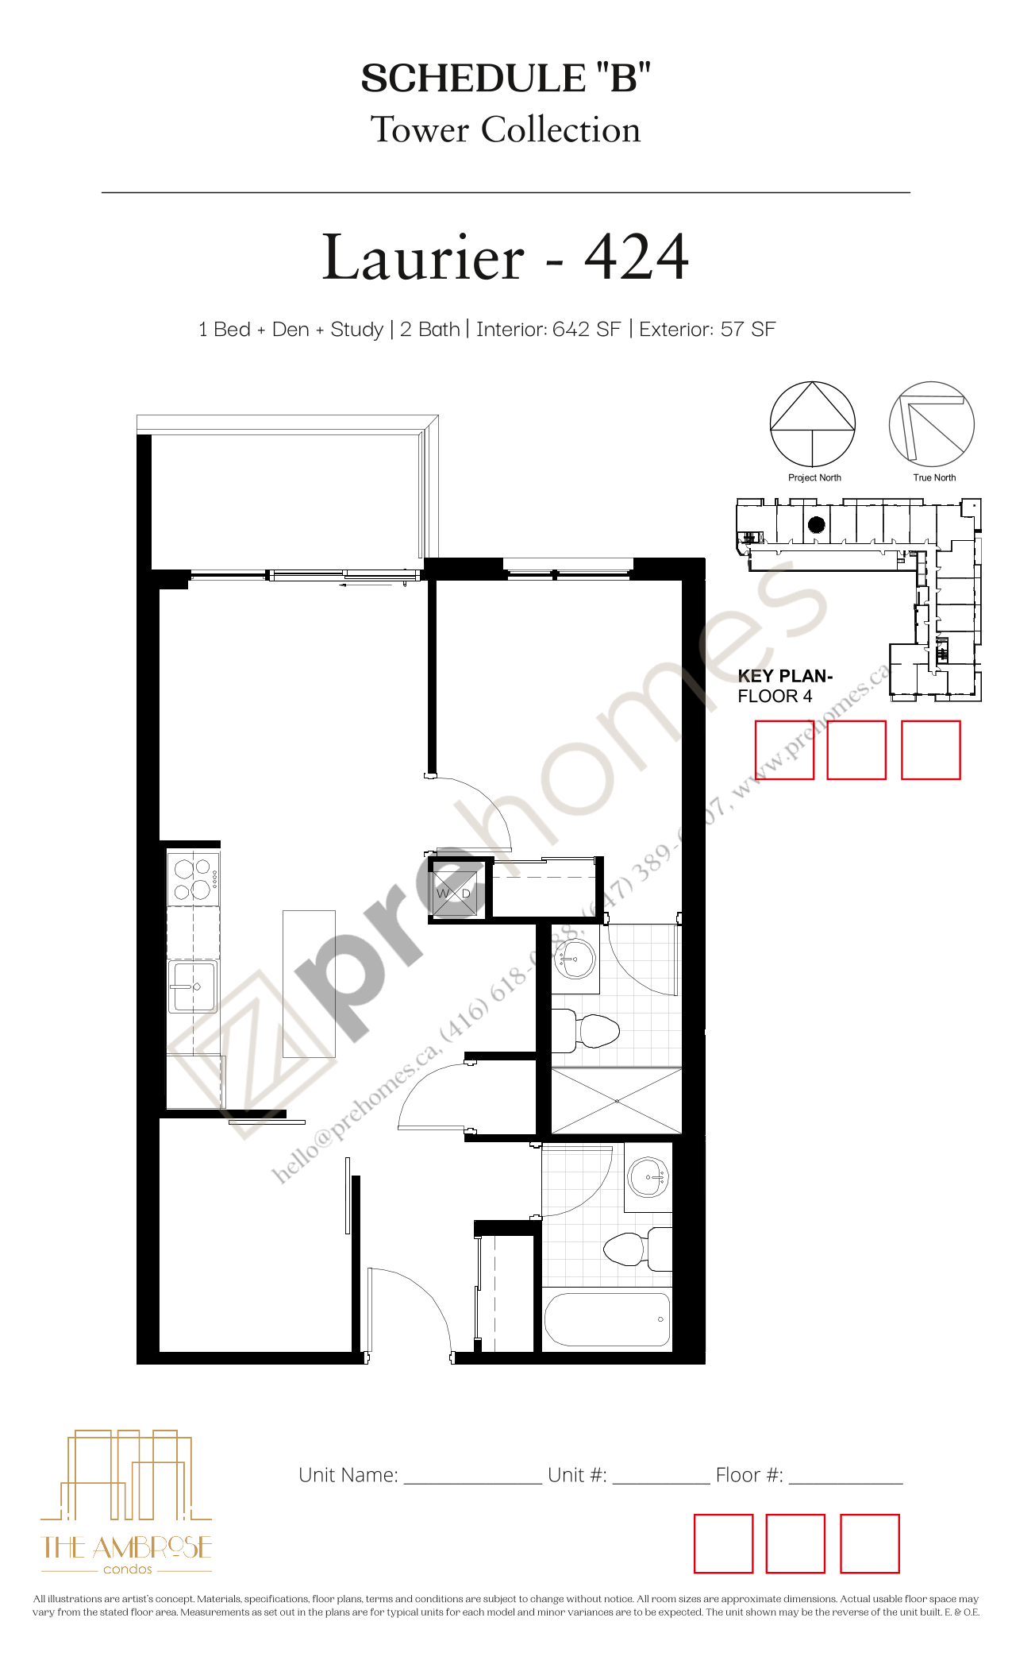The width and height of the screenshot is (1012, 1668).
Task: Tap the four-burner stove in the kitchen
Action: pyautogui.click(x=193, y=878)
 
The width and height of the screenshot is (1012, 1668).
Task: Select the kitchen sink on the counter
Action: pyautogui.click(x=192, y=987)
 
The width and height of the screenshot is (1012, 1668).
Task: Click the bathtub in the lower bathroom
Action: pyautogui.click(x=607, y=1319)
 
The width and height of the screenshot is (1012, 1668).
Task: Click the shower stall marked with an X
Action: pyautogui.click(x=617, y=1101)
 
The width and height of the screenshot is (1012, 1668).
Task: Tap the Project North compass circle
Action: pyautogui.click(x=813, y=424)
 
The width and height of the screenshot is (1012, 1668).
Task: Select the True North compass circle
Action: pyautogui.click(x=931, y=424)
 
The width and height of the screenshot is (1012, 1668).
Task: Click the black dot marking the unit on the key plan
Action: pyautogui.click(x=817, y=524)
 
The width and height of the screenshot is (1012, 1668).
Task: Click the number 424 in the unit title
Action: pyautogui.click(x=637, y=257)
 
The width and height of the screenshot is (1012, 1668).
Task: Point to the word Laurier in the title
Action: pyautogui.click(x=423, y=257)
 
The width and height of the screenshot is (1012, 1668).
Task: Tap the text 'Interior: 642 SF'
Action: pyautogui.click(x=548, y=330)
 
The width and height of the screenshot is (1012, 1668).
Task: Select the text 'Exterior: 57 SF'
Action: pyautogui.click(x=707, y=330)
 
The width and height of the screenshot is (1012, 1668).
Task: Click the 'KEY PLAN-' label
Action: pyautogui.click(x=785, y=676)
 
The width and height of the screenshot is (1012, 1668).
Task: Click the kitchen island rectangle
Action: pyautogui.click(x=309, y=983)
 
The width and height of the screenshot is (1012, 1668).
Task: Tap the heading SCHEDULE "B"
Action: pyautogui.click(x=506, y=79)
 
